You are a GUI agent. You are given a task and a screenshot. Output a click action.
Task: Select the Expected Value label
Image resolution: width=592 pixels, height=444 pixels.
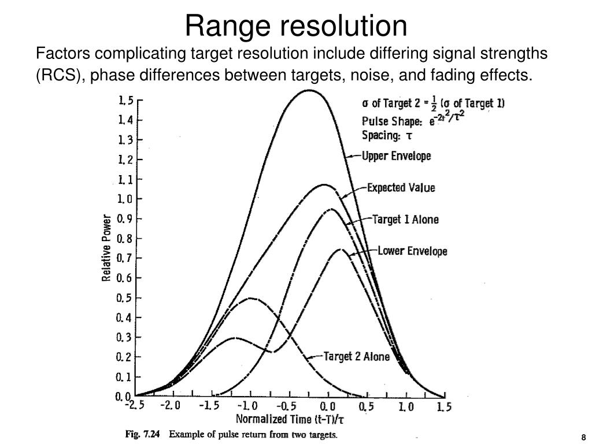click(401, 188)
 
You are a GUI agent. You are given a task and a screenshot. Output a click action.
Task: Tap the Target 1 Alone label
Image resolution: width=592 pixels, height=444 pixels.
click(405, 220)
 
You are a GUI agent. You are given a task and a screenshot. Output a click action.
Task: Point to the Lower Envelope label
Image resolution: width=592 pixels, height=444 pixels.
click(412, 251)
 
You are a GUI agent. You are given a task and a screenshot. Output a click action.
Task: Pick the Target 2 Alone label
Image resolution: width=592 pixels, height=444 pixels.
click(356, 357)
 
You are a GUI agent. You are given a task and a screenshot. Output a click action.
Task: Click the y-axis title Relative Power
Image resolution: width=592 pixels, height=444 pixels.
click(106, 248)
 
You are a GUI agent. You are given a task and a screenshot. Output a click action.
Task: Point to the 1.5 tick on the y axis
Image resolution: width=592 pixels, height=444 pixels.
click(125, 101)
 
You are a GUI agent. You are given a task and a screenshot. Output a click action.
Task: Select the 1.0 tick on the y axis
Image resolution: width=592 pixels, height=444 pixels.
click(125, 199)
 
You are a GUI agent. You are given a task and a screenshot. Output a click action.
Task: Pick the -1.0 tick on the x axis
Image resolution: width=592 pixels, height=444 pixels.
click(249, 406)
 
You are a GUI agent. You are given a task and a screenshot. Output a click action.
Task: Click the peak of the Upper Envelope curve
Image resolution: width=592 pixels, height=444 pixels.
click(309, 90)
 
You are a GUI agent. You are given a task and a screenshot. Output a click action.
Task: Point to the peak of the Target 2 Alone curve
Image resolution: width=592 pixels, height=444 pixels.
click(250, 298)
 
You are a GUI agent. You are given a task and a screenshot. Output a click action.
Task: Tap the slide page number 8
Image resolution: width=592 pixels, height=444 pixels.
click(584, 437)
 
